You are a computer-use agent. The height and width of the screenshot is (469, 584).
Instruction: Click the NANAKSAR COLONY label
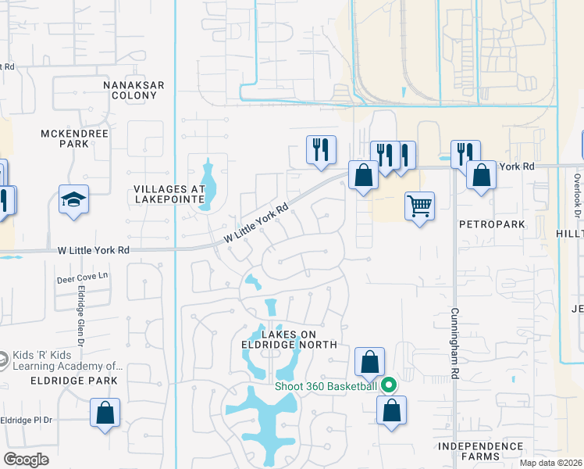130,89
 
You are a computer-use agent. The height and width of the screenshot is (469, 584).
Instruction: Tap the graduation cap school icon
73,199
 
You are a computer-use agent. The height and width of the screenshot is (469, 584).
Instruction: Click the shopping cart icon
419,206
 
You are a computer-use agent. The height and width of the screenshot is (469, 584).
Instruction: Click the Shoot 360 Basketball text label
326,385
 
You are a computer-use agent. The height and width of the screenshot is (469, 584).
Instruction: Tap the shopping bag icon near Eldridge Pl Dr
105,412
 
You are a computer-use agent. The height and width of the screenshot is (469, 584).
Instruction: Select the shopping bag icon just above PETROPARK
481,175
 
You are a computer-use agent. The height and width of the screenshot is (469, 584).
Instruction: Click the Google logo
27,460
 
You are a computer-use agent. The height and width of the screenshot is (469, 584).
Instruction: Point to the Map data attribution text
551,463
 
